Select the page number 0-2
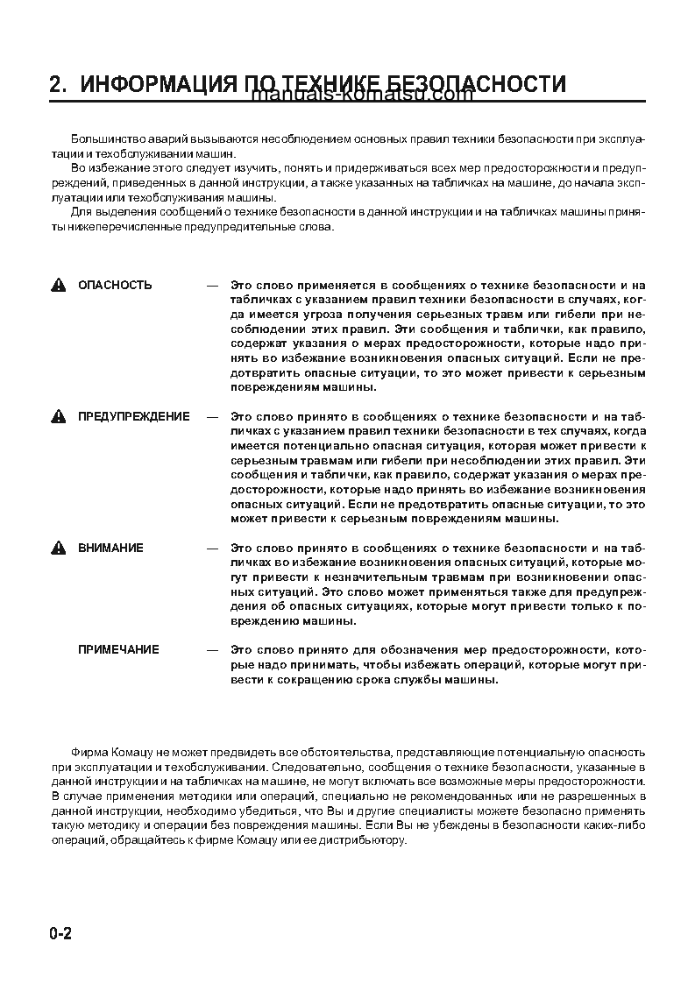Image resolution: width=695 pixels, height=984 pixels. point(60,934)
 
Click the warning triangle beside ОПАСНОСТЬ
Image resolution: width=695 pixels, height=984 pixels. point(59,286)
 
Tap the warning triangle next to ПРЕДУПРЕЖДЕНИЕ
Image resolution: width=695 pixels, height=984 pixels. point(59,417)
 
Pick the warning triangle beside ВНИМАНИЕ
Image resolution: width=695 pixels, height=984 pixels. point(59,549)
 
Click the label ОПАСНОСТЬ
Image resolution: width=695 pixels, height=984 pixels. point(115,285)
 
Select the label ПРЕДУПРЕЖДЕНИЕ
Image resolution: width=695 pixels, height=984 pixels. point(133,416)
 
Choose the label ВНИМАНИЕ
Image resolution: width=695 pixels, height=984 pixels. point(110,548)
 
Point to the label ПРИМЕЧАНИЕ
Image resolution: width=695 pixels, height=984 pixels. point(118,649)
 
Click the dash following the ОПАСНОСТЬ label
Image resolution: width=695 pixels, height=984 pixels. point(211,285)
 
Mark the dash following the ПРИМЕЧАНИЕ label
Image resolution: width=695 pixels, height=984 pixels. point(211,649)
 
